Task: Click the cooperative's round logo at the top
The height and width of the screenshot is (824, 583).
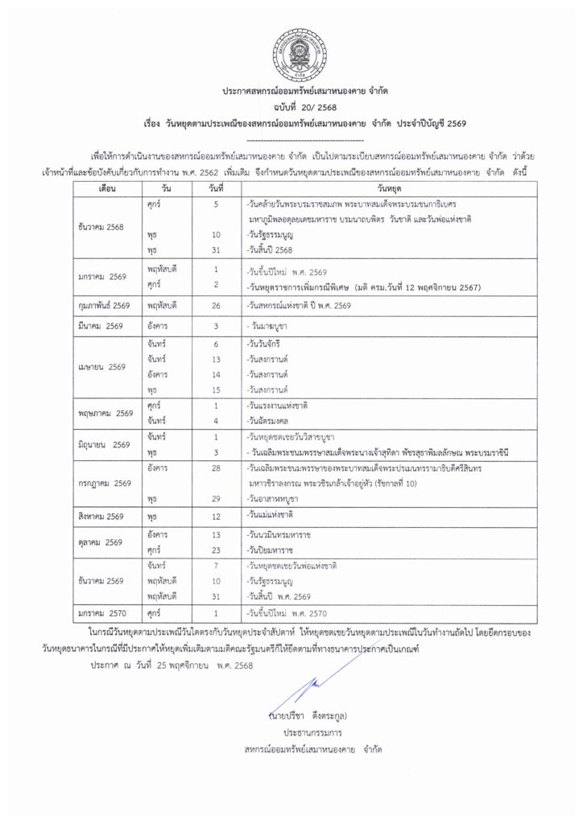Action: click(x=291, y=48)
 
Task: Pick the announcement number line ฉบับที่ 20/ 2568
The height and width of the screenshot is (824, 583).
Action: click(x=291, y=108)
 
